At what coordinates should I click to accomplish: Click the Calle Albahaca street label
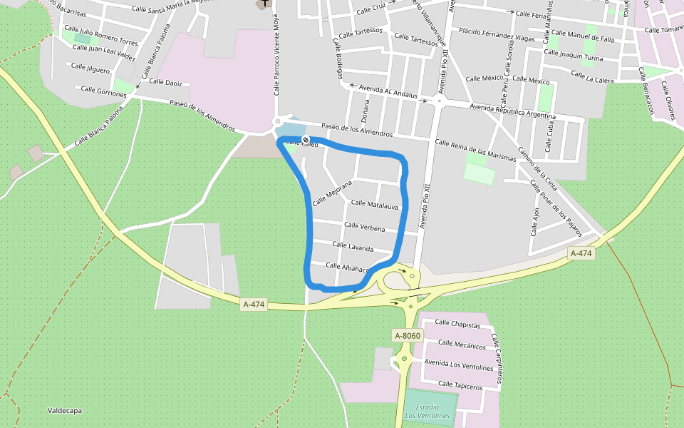(347, 267)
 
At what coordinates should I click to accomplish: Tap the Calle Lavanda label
(353, 247)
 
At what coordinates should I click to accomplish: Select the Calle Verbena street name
(364, 228)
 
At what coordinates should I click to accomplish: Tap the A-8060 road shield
(408, 335)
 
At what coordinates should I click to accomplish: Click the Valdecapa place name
(65, 410)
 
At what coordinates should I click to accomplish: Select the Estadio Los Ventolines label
(427, 411)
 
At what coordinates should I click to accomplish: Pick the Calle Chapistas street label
(459, 322)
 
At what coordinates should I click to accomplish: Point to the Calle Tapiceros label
(460, 384)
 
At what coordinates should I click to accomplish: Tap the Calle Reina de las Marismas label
(475, 151)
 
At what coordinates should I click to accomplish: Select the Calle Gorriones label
(103, 90)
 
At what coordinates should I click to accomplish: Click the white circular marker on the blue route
(306, 140)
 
